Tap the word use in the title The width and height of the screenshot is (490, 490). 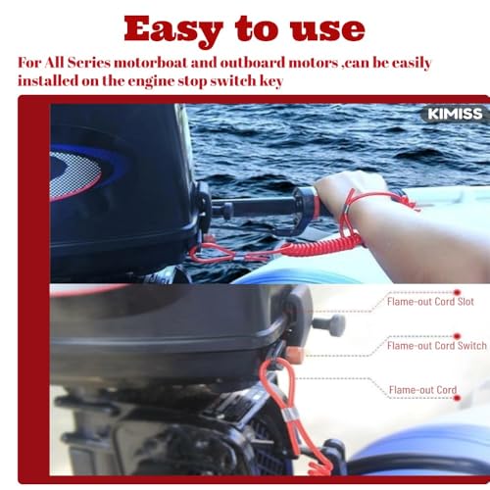pos(327,30)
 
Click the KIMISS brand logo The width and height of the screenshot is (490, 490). pos(455,114)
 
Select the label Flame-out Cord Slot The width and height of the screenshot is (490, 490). pos(430,302)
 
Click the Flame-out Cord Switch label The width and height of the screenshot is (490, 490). pos(437,346)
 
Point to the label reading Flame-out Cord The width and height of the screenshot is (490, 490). pos(422,390)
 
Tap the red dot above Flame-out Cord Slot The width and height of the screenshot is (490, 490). pos(457,292)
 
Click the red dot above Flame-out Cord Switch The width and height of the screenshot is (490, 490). pos(457,336)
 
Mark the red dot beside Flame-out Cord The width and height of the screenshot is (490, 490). pos(457,398)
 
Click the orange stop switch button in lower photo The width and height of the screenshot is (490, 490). pos(294,355)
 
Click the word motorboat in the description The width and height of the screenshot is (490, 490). pos(150,63)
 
